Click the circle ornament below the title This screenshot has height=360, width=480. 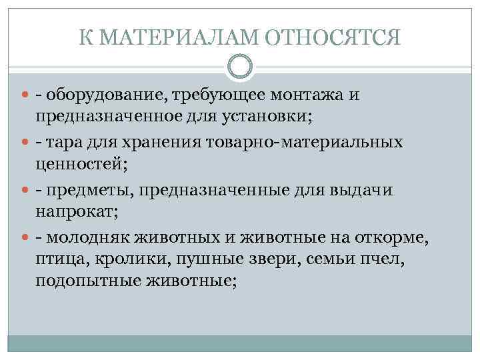click(x=240, y=67)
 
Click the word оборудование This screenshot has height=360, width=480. click(x=109, y=96)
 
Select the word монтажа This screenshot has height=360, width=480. click(x=305, y=96)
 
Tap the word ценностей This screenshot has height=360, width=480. click(x=77, y=166)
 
